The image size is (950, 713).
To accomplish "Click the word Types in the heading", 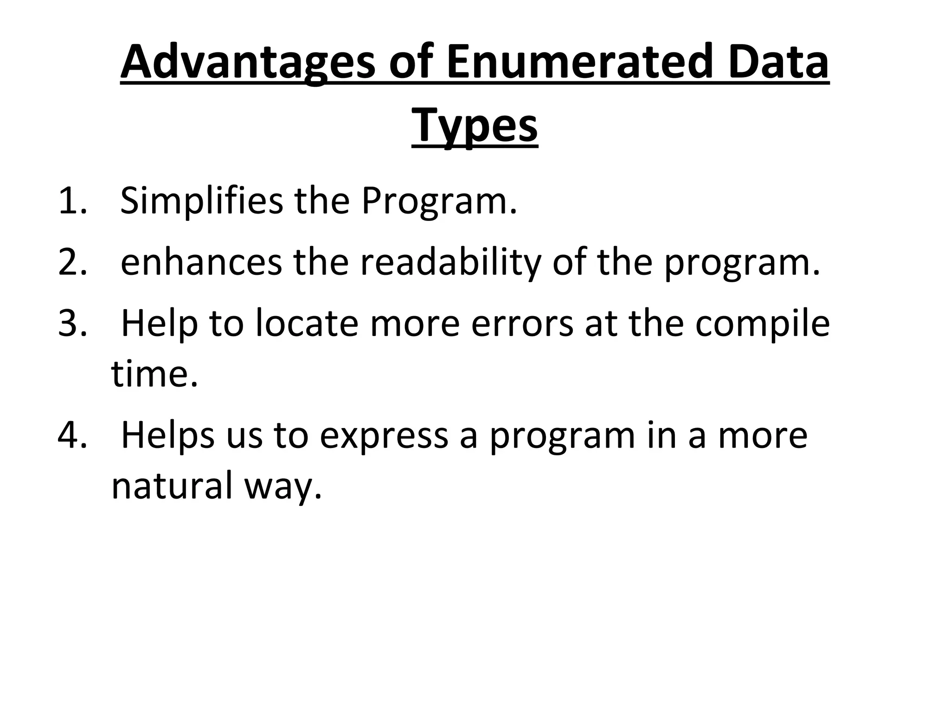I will pos(475,126).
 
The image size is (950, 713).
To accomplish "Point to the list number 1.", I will pos(72,201).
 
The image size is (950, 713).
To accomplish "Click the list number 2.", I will pos(72,262).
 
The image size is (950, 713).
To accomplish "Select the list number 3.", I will pos(72,324).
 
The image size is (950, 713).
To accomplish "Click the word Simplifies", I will pos(201,201).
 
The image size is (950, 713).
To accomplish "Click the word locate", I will pos(307,324).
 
